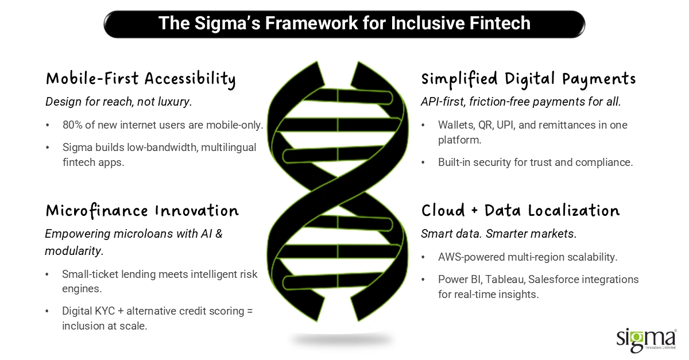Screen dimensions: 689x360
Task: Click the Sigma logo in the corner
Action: coord(647,340)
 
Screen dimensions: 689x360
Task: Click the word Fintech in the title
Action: coord(500,23)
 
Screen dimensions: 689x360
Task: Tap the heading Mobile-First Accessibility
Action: coord(141,79)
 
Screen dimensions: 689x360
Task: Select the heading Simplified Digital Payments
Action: coord(528,79)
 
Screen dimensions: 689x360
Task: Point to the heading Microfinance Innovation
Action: coord(142,211)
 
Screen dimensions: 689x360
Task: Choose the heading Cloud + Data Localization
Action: coord(520,211)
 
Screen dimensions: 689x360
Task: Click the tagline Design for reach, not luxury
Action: coord(119,102)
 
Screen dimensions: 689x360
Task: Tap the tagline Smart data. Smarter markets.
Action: coord(499,234)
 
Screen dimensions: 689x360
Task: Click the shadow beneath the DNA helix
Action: coord(342,340)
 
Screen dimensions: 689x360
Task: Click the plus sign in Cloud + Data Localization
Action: coord(475,211)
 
